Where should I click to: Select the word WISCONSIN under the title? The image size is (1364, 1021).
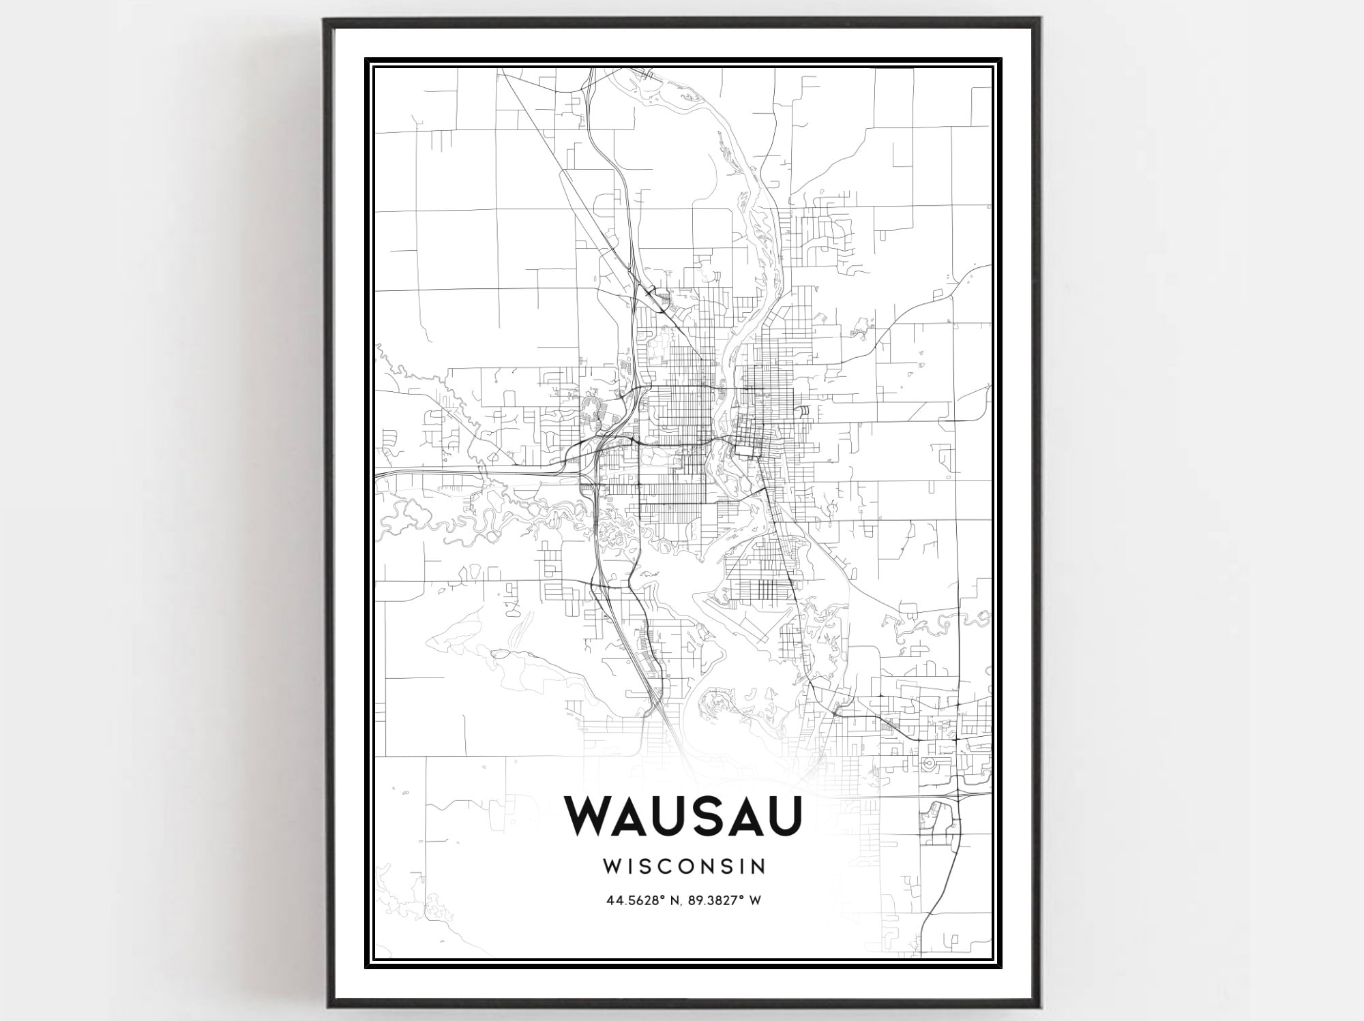click(684, 866)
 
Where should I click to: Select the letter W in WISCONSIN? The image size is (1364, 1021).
click(612, 866)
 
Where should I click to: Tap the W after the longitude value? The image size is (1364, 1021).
click(756, 900)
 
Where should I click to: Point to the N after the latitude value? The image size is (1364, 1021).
click(671, 900)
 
